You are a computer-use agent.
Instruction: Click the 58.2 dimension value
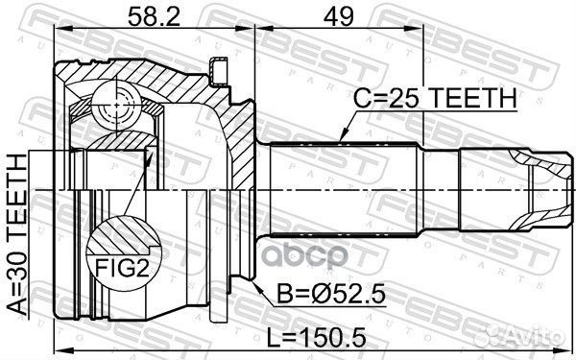[x=154, y=15]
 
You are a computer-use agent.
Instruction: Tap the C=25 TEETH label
[x=435, y=98]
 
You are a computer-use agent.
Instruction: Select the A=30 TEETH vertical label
[x=18, y=235]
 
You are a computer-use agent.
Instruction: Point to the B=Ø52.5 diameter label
[x=330, y=295]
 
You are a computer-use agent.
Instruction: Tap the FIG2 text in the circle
[x=123, y=268]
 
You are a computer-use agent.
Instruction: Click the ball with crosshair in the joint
[x=117, y=106]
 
